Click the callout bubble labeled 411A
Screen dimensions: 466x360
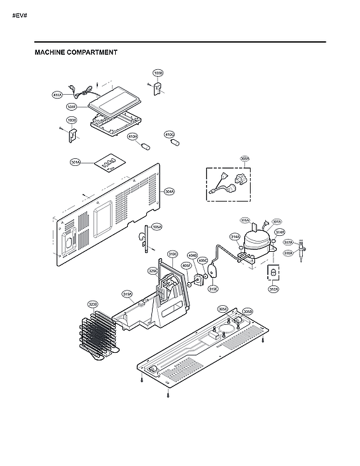(57, 95)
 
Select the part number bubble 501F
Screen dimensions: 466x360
(72, 106)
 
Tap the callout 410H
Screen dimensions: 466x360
(132, 137)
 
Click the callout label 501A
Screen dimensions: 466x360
(75, 163)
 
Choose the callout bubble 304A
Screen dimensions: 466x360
(169, 191)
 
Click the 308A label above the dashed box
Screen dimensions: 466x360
(244, 158)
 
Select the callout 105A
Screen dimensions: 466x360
(157, 226)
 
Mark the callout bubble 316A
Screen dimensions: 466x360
(245, 221)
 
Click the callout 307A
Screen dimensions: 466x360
(277, 222)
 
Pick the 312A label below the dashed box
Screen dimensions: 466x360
(273, 289)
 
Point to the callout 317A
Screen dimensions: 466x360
(287, 242)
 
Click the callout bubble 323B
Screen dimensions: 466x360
(93, 305)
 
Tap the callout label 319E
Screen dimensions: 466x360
(213, 289)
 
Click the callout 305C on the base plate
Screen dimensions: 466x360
(223, 308)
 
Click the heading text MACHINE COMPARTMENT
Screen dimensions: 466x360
(76, 52)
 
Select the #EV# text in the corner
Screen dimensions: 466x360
(19, 14)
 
